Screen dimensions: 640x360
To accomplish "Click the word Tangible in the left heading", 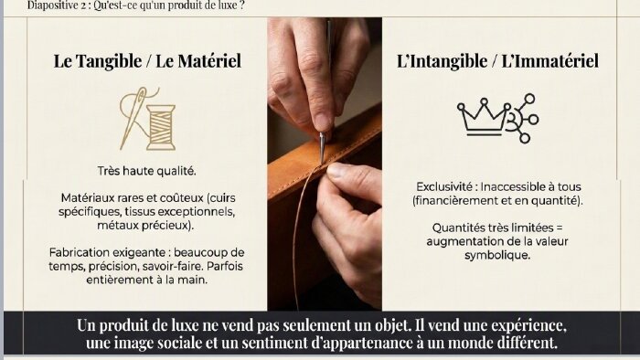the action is coord(109,61).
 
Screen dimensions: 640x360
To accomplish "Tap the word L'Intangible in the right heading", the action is coord(442,61).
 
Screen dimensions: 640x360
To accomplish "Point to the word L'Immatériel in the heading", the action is coord(549,60).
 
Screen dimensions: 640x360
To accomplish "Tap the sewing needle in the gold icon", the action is coord(133,117).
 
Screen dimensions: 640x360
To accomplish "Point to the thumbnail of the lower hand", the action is coord(338,170).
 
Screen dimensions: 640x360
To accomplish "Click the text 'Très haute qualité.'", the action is coord(147,171).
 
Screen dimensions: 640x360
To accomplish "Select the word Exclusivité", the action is coord(444,186).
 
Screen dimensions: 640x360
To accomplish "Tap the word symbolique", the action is coord(497,256).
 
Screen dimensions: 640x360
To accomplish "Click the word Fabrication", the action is coord(79,252).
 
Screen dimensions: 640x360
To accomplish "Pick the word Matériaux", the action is coord(88,197).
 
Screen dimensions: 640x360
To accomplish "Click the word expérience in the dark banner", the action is coord(528,325).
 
